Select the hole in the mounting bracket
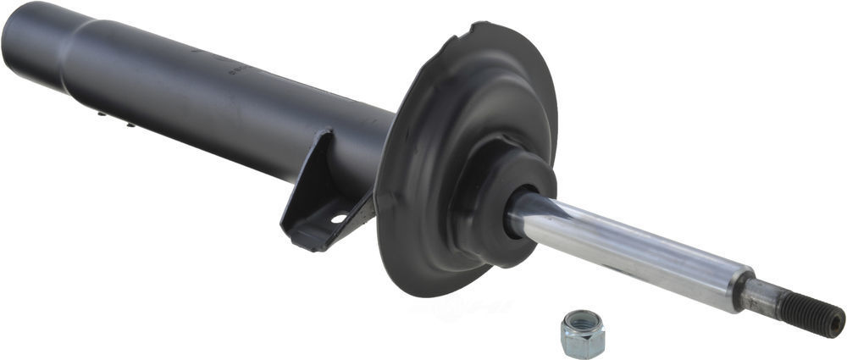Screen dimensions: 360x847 tap(338, 218)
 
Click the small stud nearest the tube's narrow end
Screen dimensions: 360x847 tap(101, 113)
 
